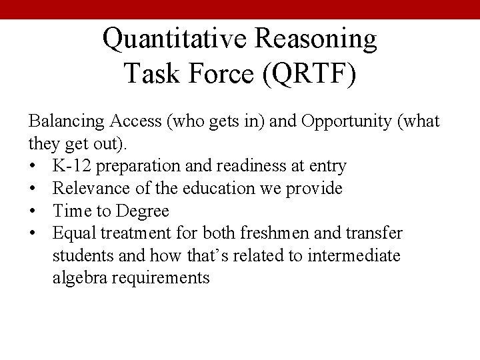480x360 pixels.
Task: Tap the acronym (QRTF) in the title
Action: click(308, 73)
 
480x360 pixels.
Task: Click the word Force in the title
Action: click(219, 73)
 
